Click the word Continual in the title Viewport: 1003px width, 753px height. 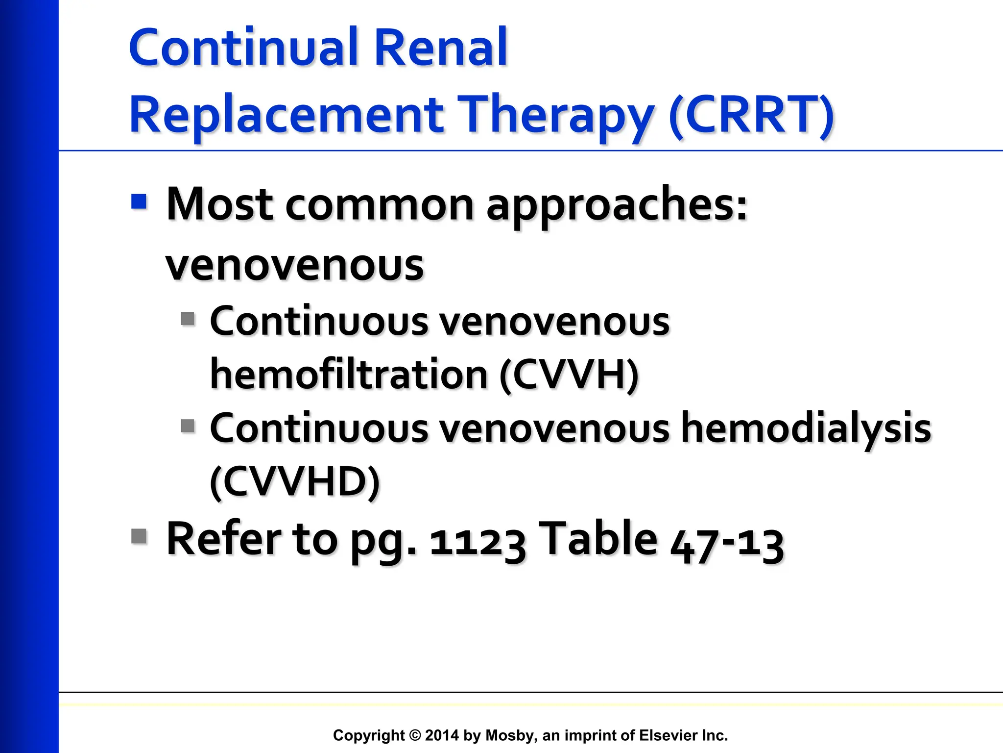tap(245, 48)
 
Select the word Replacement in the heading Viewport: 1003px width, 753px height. tap(286, 115)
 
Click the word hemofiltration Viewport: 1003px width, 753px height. tap(349, 375)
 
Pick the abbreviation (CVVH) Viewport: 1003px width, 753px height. tap(569, 375)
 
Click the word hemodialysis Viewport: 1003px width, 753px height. tap(807, 428)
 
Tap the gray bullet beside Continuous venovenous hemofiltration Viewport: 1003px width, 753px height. tap(188, 319)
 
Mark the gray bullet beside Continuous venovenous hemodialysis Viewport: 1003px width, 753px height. tap(188, 426)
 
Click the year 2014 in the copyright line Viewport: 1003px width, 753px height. tap(442, 735)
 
